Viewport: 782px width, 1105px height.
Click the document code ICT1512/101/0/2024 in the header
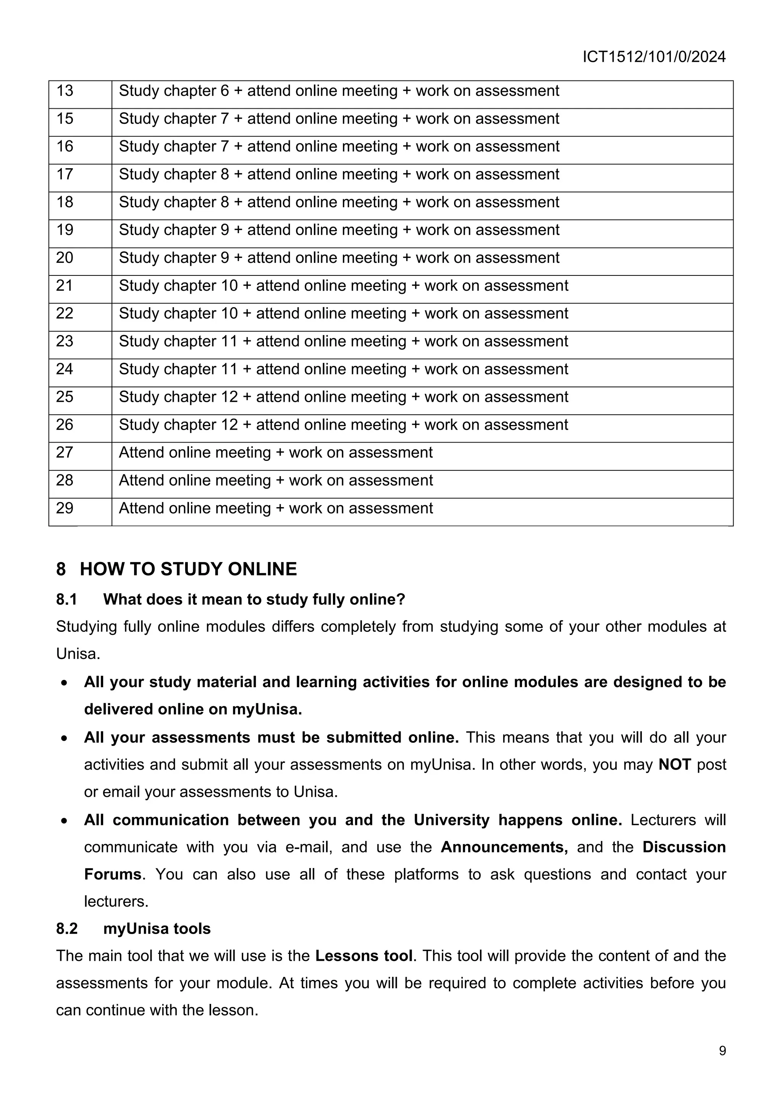[x=654, y=57]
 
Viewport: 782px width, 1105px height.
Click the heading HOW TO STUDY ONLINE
[x=188, y=569]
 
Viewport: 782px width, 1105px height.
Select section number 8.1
[x=66, y=600]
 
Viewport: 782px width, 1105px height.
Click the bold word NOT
[x=675, y=765]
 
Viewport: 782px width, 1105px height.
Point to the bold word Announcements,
[x=504, y=847]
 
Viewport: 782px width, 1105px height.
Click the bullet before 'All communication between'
[x=65, y=821]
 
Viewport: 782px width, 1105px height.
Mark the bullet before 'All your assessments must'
[x=65, y=738]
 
